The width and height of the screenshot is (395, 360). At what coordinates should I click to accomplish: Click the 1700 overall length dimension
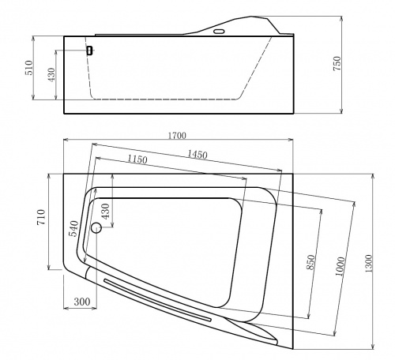pos(177,136)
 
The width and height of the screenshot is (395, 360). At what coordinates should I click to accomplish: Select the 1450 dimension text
pos(197,155)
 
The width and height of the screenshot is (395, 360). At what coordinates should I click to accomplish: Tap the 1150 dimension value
pos(137,159)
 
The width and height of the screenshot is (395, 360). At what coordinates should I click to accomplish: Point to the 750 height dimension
pos(337,63)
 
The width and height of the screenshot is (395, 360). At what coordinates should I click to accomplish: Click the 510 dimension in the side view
pos(29,68)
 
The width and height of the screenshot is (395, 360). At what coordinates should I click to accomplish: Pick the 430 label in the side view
pos(51,75)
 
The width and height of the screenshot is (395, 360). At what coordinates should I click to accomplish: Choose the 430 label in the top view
pos(105,212)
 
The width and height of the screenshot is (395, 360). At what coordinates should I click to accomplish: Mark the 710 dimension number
pos(42,217)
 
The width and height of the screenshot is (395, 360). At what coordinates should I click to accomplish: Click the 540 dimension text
pos(73,229)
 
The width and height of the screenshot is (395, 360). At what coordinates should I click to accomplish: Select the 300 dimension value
pos(82,302)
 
